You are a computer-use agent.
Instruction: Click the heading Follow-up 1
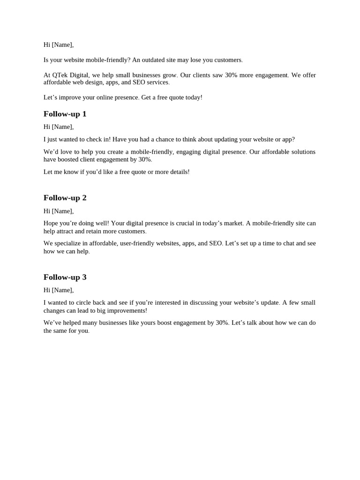(65, 114)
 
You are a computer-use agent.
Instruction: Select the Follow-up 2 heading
(65, 198)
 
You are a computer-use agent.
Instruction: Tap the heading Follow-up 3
(65, 277)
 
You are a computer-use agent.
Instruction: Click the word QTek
(60, 75)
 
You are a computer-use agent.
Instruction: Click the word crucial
(184, 223)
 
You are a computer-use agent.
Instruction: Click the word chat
(288, 243)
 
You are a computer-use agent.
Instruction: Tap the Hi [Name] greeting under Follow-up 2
(58, 211)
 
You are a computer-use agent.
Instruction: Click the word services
(157, 82)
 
